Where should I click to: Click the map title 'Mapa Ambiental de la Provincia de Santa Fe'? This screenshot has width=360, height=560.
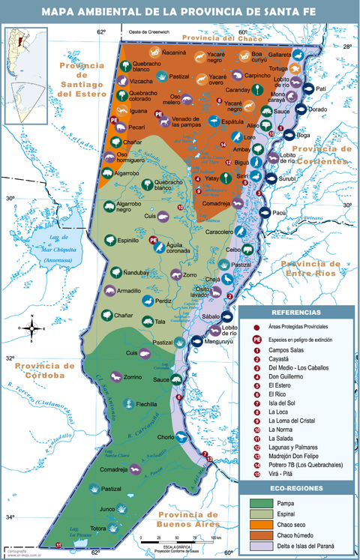pos(180,11)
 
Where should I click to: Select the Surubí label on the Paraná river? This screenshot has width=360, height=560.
pos(289,180)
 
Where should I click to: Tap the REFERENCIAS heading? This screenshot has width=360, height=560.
pos(296,312)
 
